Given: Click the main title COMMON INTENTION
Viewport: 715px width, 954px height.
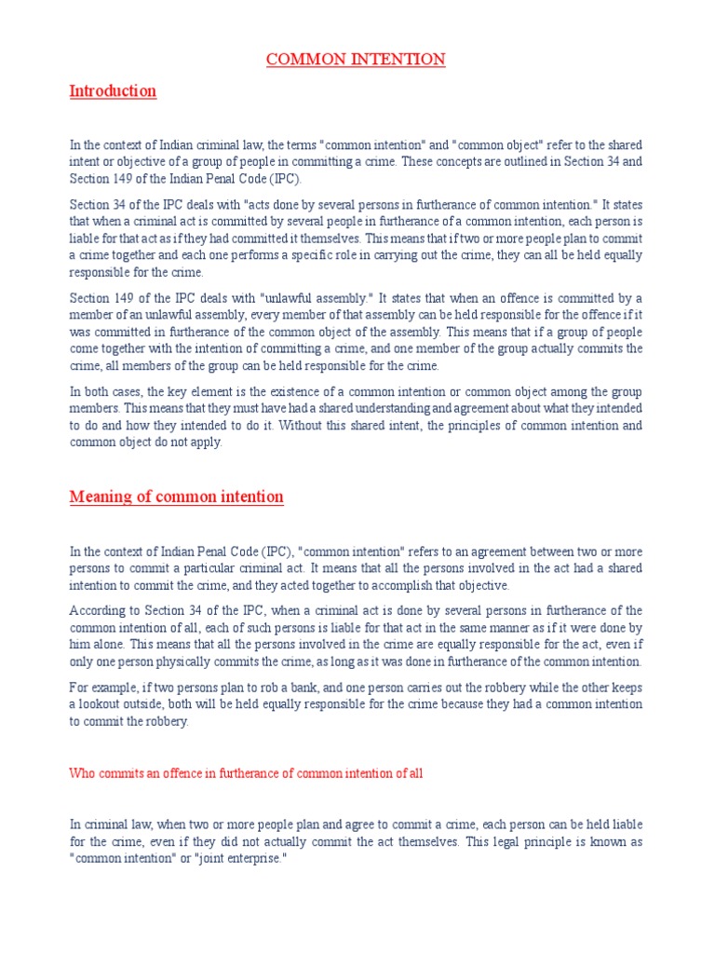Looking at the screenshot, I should tap(356, 60).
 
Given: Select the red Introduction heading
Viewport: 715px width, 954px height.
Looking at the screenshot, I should tap(113, 90).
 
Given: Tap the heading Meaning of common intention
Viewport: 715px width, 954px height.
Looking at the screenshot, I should tap(176, 497).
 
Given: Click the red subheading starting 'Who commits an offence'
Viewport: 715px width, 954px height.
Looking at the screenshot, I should tap(247, 774).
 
